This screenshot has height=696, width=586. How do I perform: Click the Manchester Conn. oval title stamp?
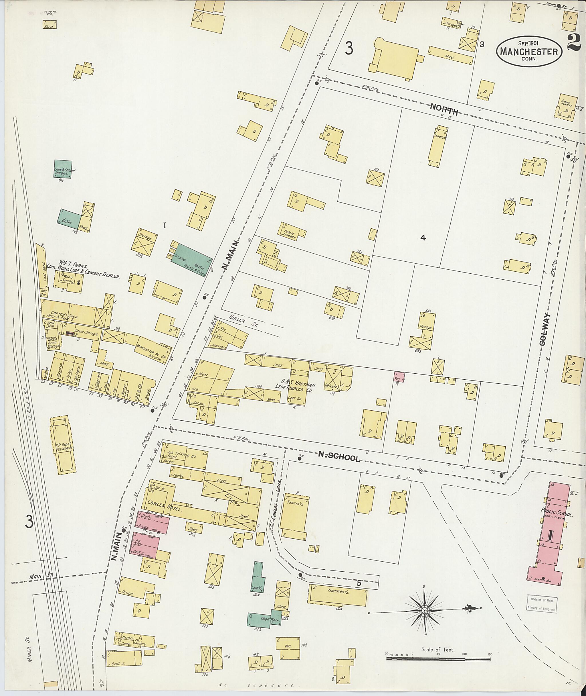pos(529,52)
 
